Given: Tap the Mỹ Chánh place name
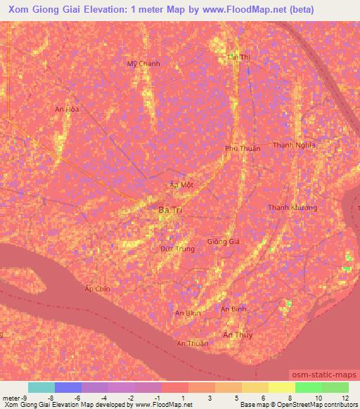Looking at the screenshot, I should pos(143,64).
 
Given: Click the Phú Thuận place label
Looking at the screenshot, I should pos(243,148).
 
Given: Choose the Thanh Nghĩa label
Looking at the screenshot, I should pos(294,145).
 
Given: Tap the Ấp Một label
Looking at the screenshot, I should pos(182,185).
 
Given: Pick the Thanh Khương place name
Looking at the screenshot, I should pos(292,208).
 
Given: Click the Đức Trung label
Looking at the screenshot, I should pos(177,249).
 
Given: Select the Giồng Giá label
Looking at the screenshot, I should pos(224,241).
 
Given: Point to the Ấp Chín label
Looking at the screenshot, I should pos(98,289).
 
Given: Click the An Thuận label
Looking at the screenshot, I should pos(192,343).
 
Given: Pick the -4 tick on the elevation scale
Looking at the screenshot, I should pos(104,398).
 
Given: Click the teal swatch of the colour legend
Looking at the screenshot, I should pos(41,387).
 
